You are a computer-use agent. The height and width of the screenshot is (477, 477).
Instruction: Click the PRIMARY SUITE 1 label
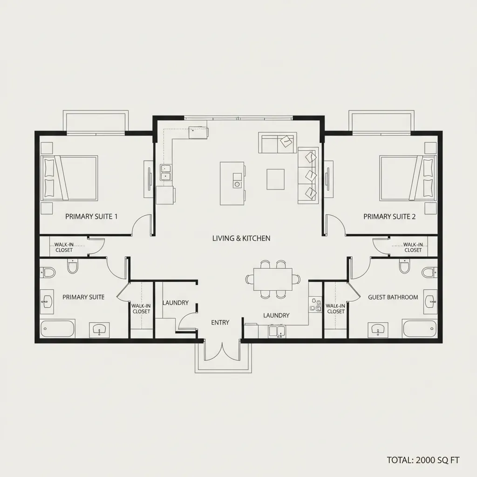click(x=91, y=216)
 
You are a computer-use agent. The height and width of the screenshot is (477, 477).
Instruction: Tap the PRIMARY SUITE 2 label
click(x=389, y=216)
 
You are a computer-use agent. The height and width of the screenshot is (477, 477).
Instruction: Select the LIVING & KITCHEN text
click(x=241, y=238)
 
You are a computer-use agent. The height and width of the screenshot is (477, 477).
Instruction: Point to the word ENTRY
click(x=220, y=322)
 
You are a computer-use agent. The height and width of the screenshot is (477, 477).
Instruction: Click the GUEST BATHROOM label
click(x=393, y=297)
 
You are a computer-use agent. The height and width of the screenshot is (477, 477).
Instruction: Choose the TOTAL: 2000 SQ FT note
click(x=423, y=460)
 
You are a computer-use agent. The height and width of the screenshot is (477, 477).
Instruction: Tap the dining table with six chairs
click(x=273, y=279)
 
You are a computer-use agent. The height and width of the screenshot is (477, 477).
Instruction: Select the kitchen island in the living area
click(x=232, y=183)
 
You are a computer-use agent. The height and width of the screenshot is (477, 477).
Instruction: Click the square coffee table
click(x=275, y=179)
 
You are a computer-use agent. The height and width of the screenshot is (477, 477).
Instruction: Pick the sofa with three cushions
click(x=307, y=174)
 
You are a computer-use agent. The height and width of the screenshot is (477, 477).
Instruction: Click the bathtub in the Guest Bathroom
click(x=419, y=329)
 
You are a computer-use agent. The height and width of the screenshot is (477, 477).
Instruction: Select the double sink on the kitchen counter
click(x=166, y=172)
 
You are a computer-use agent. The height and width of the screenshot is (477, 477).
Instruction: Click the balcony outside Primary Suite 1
click(x=95, y=122)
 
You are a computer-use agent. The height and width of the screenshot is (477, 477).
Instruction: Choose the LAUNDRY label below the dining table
click(x=276, y=315)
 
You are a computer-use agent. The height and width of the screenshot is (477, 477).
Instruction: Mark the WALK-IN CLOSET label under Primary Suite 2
click(x=413, y=247)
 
